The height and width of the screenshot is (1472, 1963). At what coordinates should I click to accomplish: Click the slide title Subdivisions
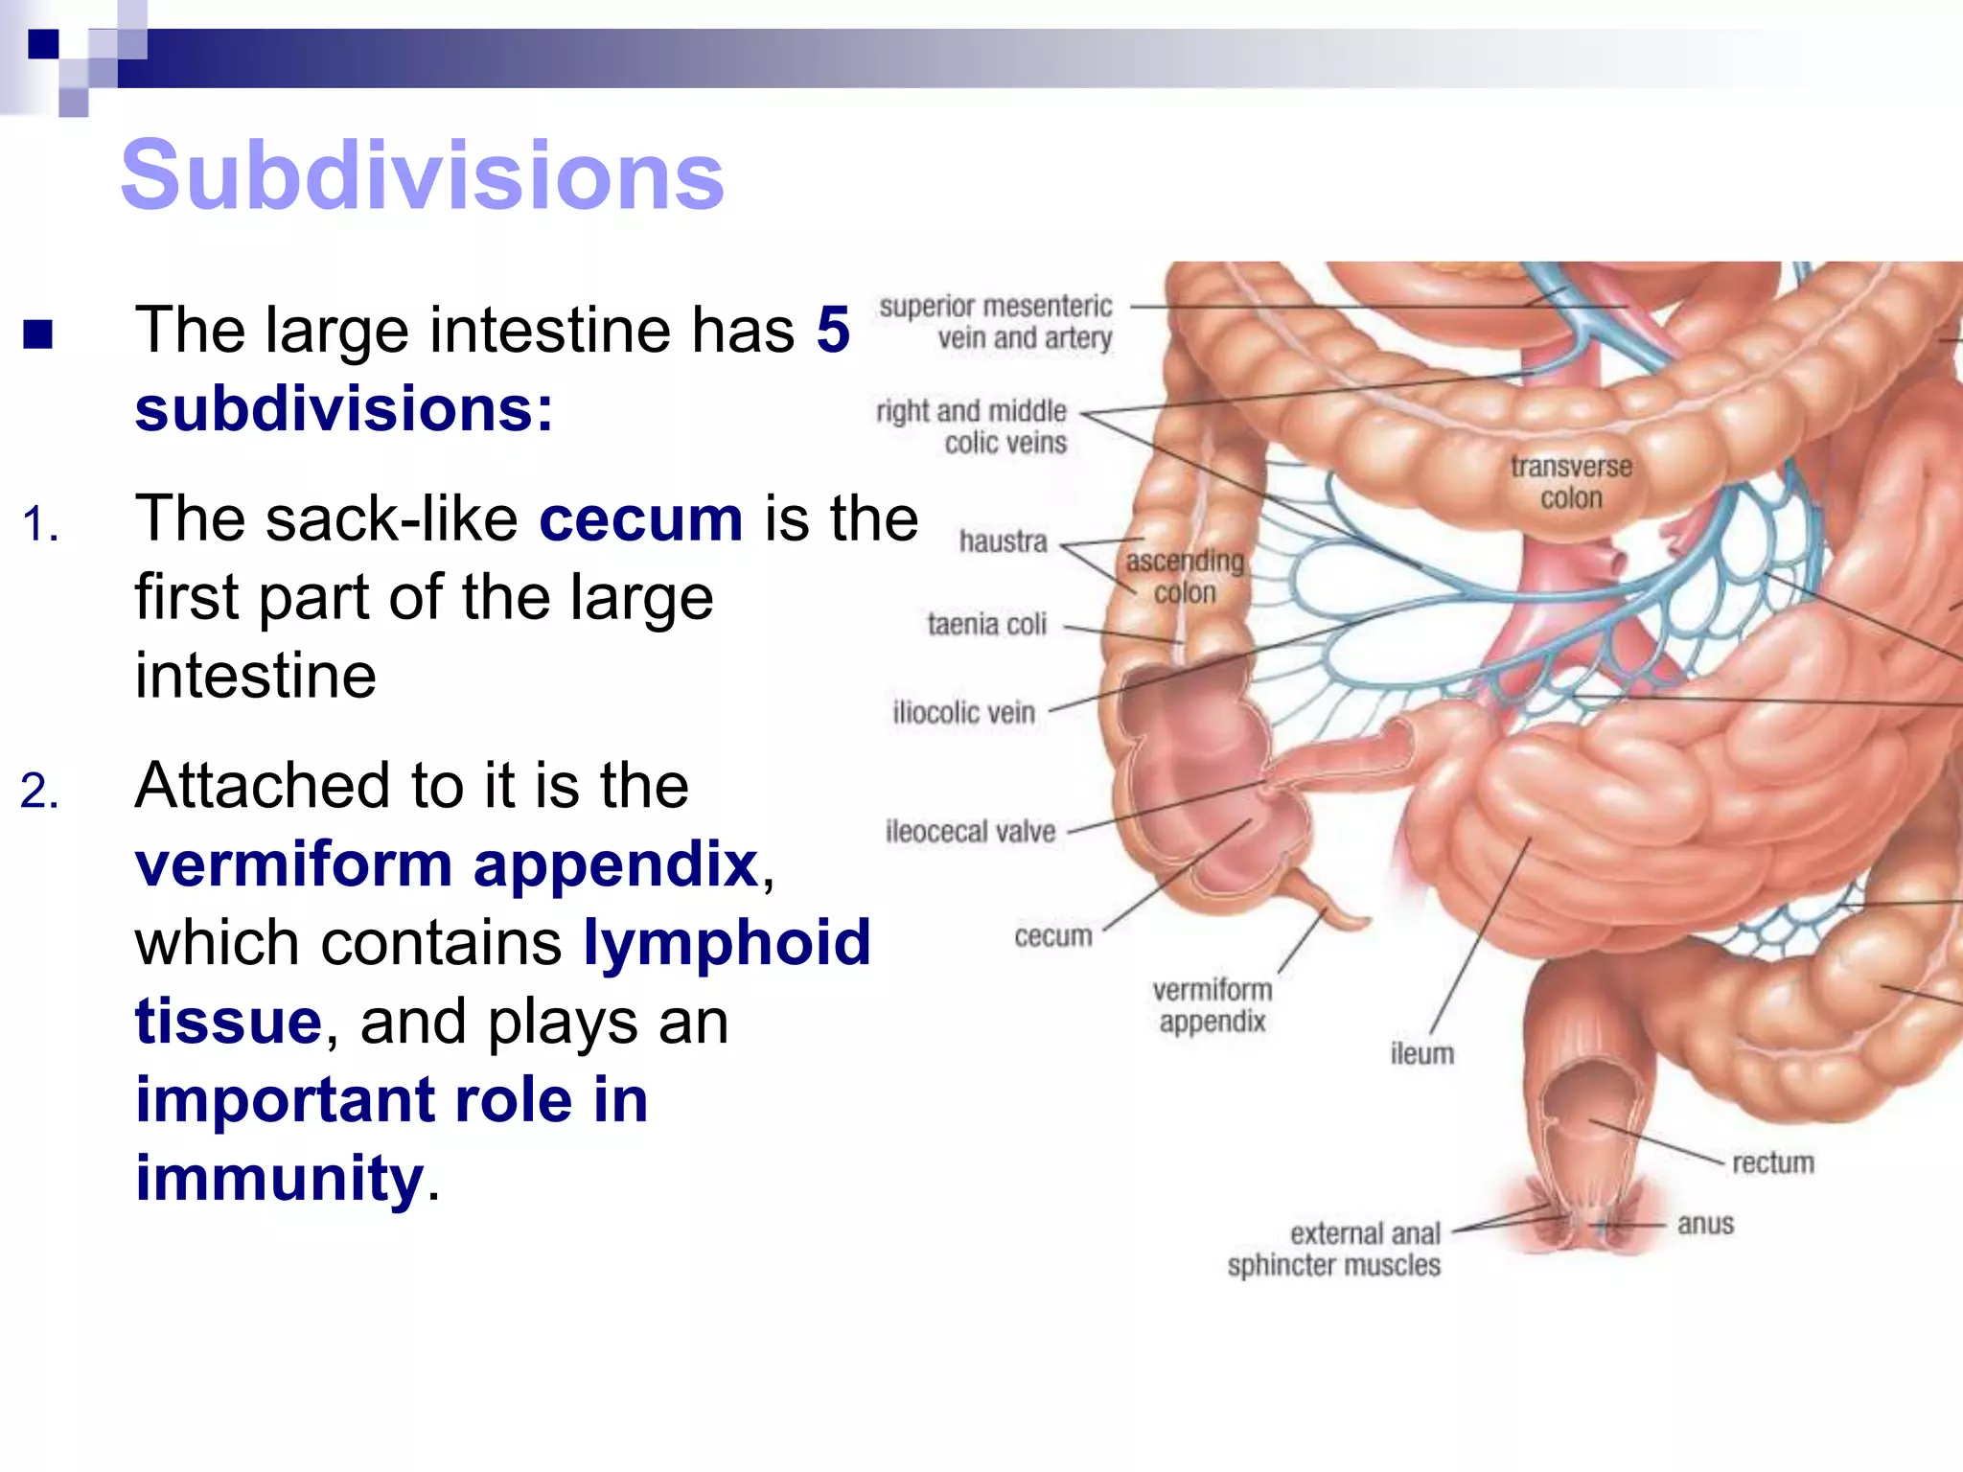422,174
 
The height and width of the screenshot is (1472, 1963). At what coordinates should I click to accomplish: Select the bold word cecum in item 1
640,519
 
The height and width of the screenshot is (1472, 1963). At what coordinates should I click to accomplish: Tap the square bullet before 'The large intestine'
38,334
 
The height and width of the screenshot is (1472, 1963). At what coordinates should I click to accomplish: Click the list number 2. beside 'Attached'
39,792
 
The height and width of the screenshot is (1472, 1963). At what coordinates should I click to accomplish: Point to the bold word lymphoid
727,943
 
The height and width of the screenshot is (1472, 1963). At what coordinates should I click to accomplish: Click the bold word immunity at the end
279,1178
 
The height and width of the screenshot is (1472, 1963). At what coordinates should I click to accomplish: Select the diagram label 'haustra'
1003,542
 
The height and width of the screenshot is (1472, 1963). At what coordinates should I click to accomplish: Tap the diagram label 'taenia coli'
986,625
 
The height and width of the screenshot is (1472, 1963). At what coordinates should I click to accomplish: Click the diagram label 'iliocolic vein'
963,713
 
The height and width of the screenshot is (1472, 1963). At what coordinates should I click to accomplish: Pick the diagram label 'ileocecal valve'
970,832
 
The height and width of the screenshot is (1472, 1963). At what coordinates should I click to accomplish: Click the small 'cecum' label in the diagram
1052,936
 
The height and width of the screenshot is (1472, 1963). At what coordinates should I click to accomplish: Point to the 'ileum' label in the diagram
1421,1054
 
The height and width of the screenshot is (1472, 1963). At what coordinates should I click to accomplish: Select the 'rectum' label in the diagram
1772,1163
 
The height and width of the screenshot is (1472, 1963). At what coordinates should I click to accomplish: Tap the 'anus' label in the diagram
1705,1225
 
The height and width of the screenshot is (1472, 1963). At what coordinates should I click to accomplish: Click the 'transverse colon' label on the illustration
1571,482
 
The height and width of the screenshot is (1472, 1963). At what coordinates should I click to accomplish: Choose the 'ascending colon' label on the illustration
1185,576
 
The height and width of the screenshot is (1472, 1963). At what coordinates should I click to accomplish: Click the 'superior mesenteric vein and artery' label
996,322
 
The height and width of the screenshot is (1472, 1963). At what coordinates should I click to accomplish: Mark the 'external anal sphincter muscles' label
1334,1249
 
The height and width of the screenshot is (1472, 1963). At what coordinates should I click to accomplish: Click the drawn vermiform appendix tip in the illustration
1356,922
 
